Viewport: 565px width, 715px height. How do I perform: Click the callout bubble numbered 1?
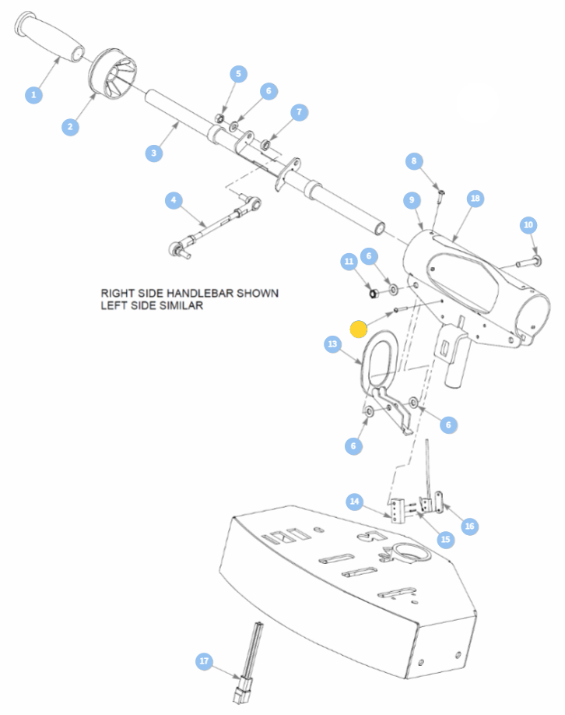[x=33, y=95]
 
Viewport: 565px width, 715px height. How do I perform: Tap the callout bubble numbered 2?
[x=70, y=127]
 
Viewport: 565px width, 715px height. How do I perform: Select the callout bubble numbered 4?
[x=174, y=200]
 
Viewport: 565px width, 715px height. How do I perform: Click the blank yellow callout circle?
[x=359, y=329]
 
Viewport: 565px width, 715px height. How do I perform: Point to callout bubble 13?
[x=332, y=343]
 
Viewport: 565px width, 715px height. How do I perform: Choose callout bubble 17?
[x=204, y=661]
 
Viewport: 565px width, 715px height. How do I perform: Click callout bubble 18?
[x=476, y=199]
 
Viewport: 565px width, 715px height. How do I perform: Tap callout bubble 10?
[x=528, y=225]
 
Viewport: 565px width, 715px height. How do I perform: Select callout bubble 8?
[x=414, y=161]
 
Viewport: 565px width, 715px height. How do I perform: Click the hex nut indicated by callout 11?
[x=372, y=293]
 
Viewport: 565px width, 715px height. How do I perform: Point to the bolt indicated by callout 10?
[x=528, y=262]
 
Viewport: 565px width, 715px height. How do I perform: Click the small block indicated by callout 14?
[x=398, y=511]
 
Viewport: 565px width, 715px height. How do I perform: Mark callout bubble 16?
[x=469, y=527]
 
